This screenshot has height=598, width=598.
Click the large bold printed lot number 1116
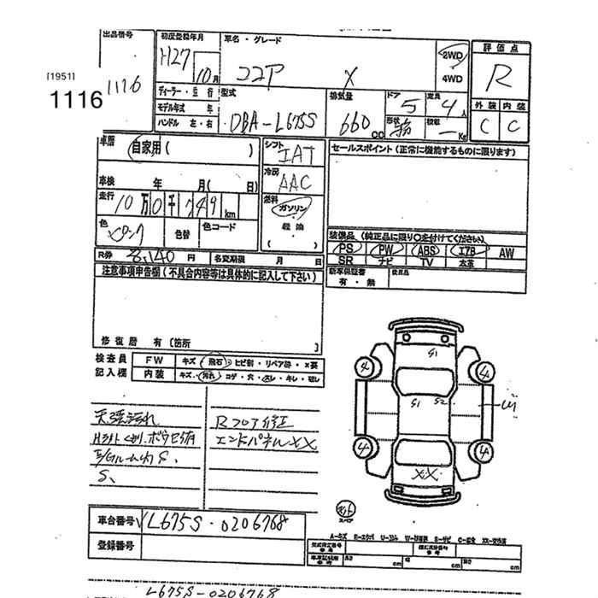[x=75, y=97]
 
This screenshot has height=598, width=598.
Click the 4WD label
[x=451, y=79]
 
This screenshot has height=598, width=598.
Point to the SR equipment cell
[x=345, y=263]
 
